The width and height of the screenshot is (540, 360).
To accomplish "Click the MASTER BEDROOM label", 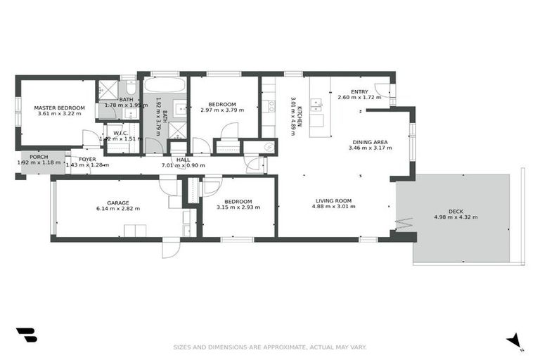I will [59, 108].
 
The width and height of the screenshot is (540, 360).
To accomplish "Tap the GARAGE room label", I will [117, 202].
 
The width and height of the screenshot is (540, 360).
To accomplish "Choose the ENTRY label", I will [359, 91].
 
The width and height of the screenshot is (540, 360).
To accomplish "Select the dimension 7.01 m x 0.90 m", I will [183, 165].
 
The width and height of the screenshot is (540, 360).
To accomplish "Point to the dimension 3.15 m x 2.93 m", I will [238, 207].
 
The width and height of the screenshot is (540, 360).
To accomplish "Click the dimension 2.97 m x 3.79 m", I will [222, 110].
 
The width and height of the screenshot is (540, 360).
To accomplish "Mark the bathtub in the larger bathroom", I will [165, 85].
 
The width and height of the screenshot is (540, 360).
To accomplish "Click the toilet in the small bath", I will [131, 87].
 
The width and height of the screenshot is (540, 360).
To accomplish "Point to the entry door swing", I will [382, 89].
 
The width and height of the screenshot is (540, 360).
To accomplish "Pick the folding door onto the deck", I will [401, 224].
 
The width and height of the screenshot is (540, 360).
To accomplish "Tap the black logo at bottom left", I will [26, 335].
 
